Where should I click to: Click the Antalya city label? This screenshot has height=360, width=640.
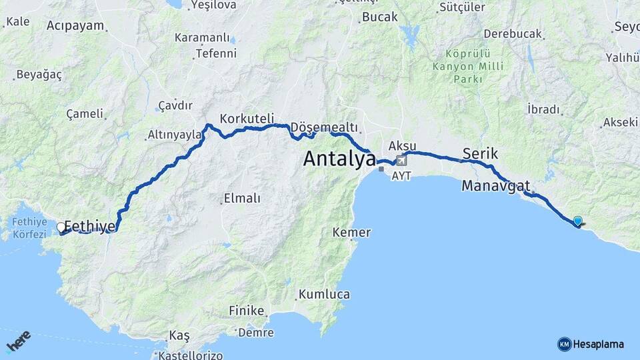click(339, 159)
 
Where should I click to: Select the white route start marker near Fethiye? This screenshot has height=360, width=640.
click(61, 227)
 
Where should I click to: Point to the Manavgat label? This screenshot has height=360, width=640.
click(495, 185)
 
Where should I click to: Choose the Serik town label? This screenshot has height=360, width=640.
click(480, 153)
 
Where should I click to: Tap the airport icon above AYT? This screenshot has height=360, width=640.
click(401, 161)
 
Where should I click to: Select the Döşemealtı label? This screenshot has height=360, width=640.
click(325, 127)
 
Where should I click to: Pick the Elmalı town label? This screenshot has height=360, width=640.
click(242, 198)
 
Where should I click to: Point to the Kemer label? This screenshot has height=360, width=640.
click(352, 233)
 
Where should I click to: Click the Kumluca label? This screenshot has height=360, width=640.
click(324, 294)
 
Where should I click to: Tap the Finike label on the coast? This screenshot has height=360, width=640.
click(247, 311)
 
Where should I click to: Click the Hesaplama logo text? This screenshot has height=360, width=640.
click(599, 344)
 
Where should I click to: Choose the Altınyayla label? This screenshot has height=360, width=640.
click(174, 135)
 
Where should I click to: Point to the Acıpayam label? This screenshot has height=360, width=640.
click(76, 26)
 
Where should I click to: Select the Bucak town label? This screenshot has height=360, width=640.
click(379, 17)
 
